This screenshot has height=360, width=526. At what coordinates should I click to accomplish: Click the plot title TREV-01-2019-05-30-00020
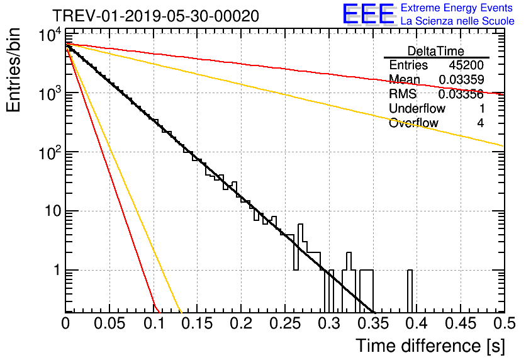click(155, 16)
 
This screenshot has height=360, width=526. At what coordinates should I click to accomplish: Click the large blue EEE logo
click(368, 14)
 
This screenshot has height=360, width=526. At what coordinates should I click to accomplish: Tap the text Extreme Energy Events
click(457, 8)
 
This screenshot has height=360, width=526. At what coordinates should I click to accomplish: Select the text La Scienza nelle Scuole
click(457, 21)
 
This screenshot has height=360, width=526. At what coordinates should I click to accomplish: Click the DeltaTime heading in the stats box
click(436, 51)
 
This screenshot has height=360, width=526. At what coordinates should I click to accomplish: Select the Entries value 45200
click(466, 65)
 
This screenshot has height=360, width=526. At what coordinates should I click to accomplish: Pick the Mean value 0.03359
click(461, 80)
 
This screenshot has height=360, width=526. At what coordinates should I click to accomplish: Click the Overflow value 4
click(480, 123)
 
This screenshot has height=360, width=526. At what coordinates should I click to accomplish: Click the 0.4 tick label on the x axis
click(416, 324)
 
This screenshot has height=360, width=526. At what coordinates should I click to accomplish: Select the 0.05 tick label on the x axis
click(109, 324)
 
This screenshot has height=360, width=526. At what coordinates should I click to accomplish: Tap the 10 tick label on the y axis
click(52, 211)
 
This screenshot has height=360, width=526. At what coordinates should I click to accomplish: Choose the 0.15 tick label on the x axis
click(197, 324)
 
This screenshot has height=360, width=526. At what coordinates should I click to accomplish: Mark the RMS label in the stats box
click(403, 94)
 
